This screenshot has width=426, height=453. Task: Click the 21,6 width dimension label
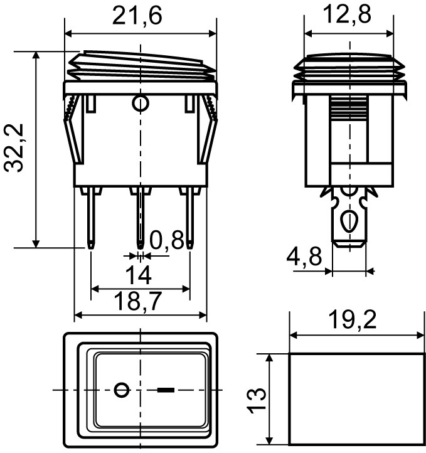pyautogui.click(x=137, y=16)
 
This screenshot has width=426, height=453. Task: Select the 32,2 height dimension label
pyautogui.click(x=14, y=148)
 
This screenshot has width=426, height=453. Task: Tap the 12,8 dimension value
pyautogui.click(x=348, y=14)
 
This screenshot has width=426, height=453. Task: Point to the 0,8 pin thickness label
pyautogui.click(x=167, y=240)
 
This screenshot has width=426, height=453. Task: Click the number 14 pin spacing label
pyautogui.click(x=139, y=275)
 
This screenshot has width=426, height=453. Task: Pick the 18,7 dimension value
pyautogui.click(x=138, y=301)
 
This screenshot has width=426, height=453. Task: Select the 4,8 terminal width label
pyautogui.click(x=304, y=256)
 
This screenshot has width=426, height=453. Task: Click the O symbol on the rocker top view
pyautogui.click(x=122, y=390)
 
